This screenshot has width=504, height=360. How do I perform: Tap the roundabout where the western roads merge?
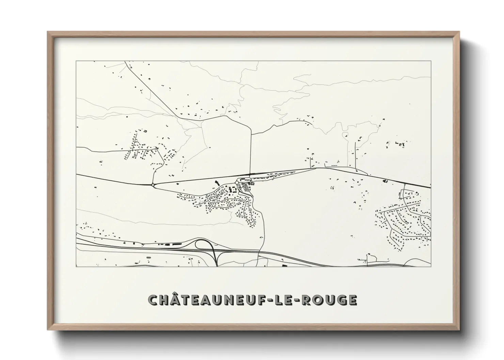point(153,185)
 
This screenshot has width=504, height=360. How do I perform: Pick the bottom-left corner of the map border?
point(76,267)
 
